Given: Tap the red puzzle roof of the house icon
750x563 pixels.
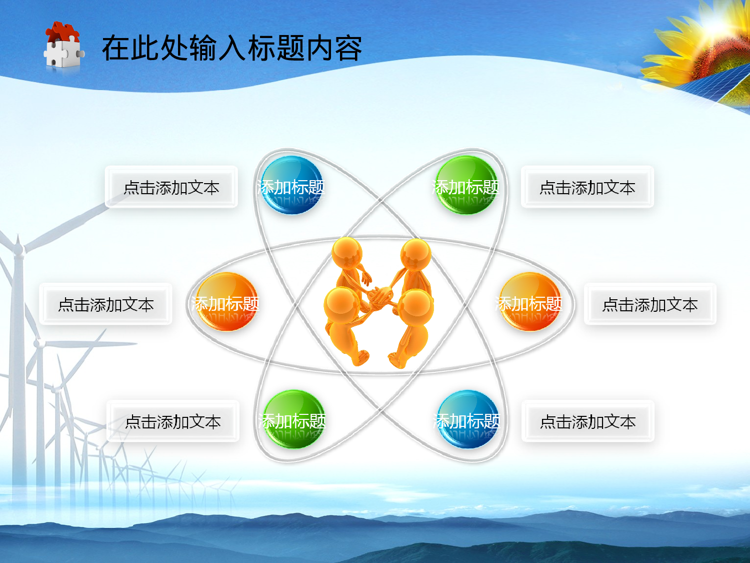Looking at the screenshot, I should coord(63,32).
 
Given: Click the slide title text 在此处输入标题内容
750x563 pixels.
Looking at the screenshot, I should coord(231,49).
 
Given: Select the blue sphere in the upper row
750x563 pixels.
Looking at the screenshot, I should coord(292,185).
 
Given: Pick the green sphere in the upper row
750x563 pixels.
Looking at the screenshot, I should coord(466,185).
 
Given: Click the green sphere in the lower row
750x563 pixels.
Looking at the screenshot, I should coord(294,419).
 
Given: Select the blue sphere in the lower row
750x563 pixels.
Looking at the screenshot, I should coord(467,419).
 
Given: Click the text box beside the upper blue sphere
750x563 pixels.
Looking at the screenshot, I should coord(171,187).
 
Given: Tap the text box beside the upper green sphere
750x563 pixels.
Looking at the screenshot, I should coord(587,187).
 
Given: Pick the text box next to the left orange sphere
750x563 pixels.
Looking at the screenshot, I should coord(105,304).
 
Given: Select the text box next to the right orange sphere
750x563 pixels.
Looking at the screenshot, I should coord(650,304).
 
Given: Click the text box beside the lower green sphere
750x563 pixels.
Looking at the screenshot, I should coord(173,421).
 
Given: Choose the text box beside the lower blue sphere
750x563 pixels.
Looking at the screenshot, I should coord(588,421).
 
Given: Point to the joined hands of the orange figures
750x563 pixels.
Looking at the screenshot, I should coord(380,295).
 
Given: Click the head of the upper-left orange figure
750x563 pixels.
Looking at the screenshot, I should coord(347,253).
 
